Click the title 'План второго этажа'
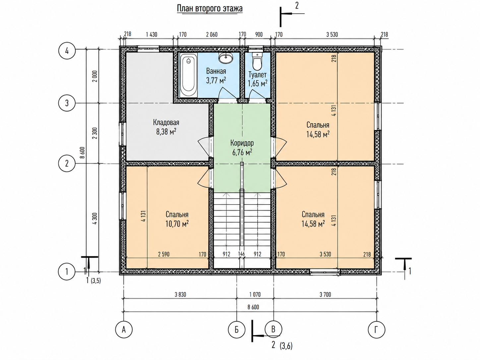pyautogui.click(x=210, y=9)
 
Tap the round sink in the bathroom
pyautogui.click(x=226, y=58)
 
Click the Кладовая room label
pyautogui.click(x=166, y=122)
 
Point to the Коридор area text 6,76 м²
pyautogui.click(x=242, y=152)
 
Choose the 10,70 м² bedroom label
pyautogui.click(x=177, y=224)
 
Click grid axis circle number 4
pyautogui.click(x=67, y=51)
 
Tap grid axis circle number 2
pyautogui.click(x=67, y=163)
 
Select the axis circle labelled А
pyautogui.click(x=124, y=330)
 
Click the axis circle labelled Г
pyautogui.click(x=376, y=330)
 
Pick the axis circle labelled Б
pyautogui.click(x=237, y=330)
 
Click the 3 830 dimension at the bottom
pyautogui.click(x=180, y=295)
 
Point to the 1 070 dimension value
pyautogui.click(x=255, y=295)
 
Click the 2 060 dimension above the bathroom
pyautogui.click(x=212, y=34)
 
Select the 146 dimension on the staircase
pyautogui.click(x=241, y=254)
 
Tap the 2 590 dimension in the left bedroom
pyautogui.click(x=163, y=254)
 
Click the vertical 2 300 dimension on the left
pyautogui.click(x=94, y=133)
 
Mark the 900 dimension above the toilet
pyautogui.click(x=259, y=34)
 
